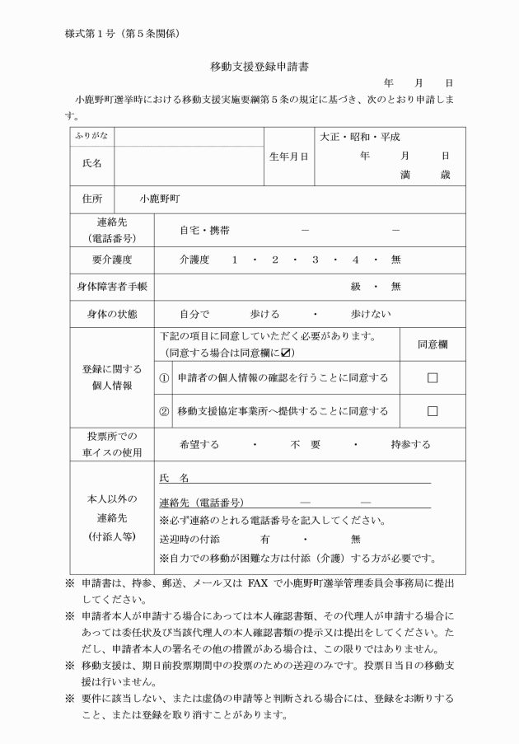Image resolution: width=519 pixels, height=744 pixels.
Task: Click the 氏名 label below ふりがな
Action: coord(92,164)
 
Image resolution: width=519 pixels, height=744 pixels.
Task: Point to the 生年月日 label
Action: coord(289,156)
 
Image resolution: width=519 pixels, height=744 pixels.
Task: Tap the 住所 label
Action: coord(92,199)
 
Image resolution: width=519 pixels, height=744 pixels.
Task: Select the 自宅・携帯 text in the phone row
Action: coord(205,230)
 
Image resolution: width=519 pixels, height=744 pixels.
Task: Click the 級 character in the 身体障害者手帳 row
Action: coord(357,287)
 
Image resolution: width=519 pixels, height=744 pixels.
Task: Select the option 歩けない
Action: coord(370,314)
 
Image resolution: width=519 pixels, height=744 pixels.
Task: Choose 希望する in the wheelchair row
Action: coord(199,444)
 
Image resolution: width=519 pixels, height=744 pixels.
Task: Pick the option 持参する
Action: coord(410,444)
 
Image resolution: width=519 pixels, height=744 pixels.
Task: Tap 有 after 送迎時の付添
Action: coord(265,540)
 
